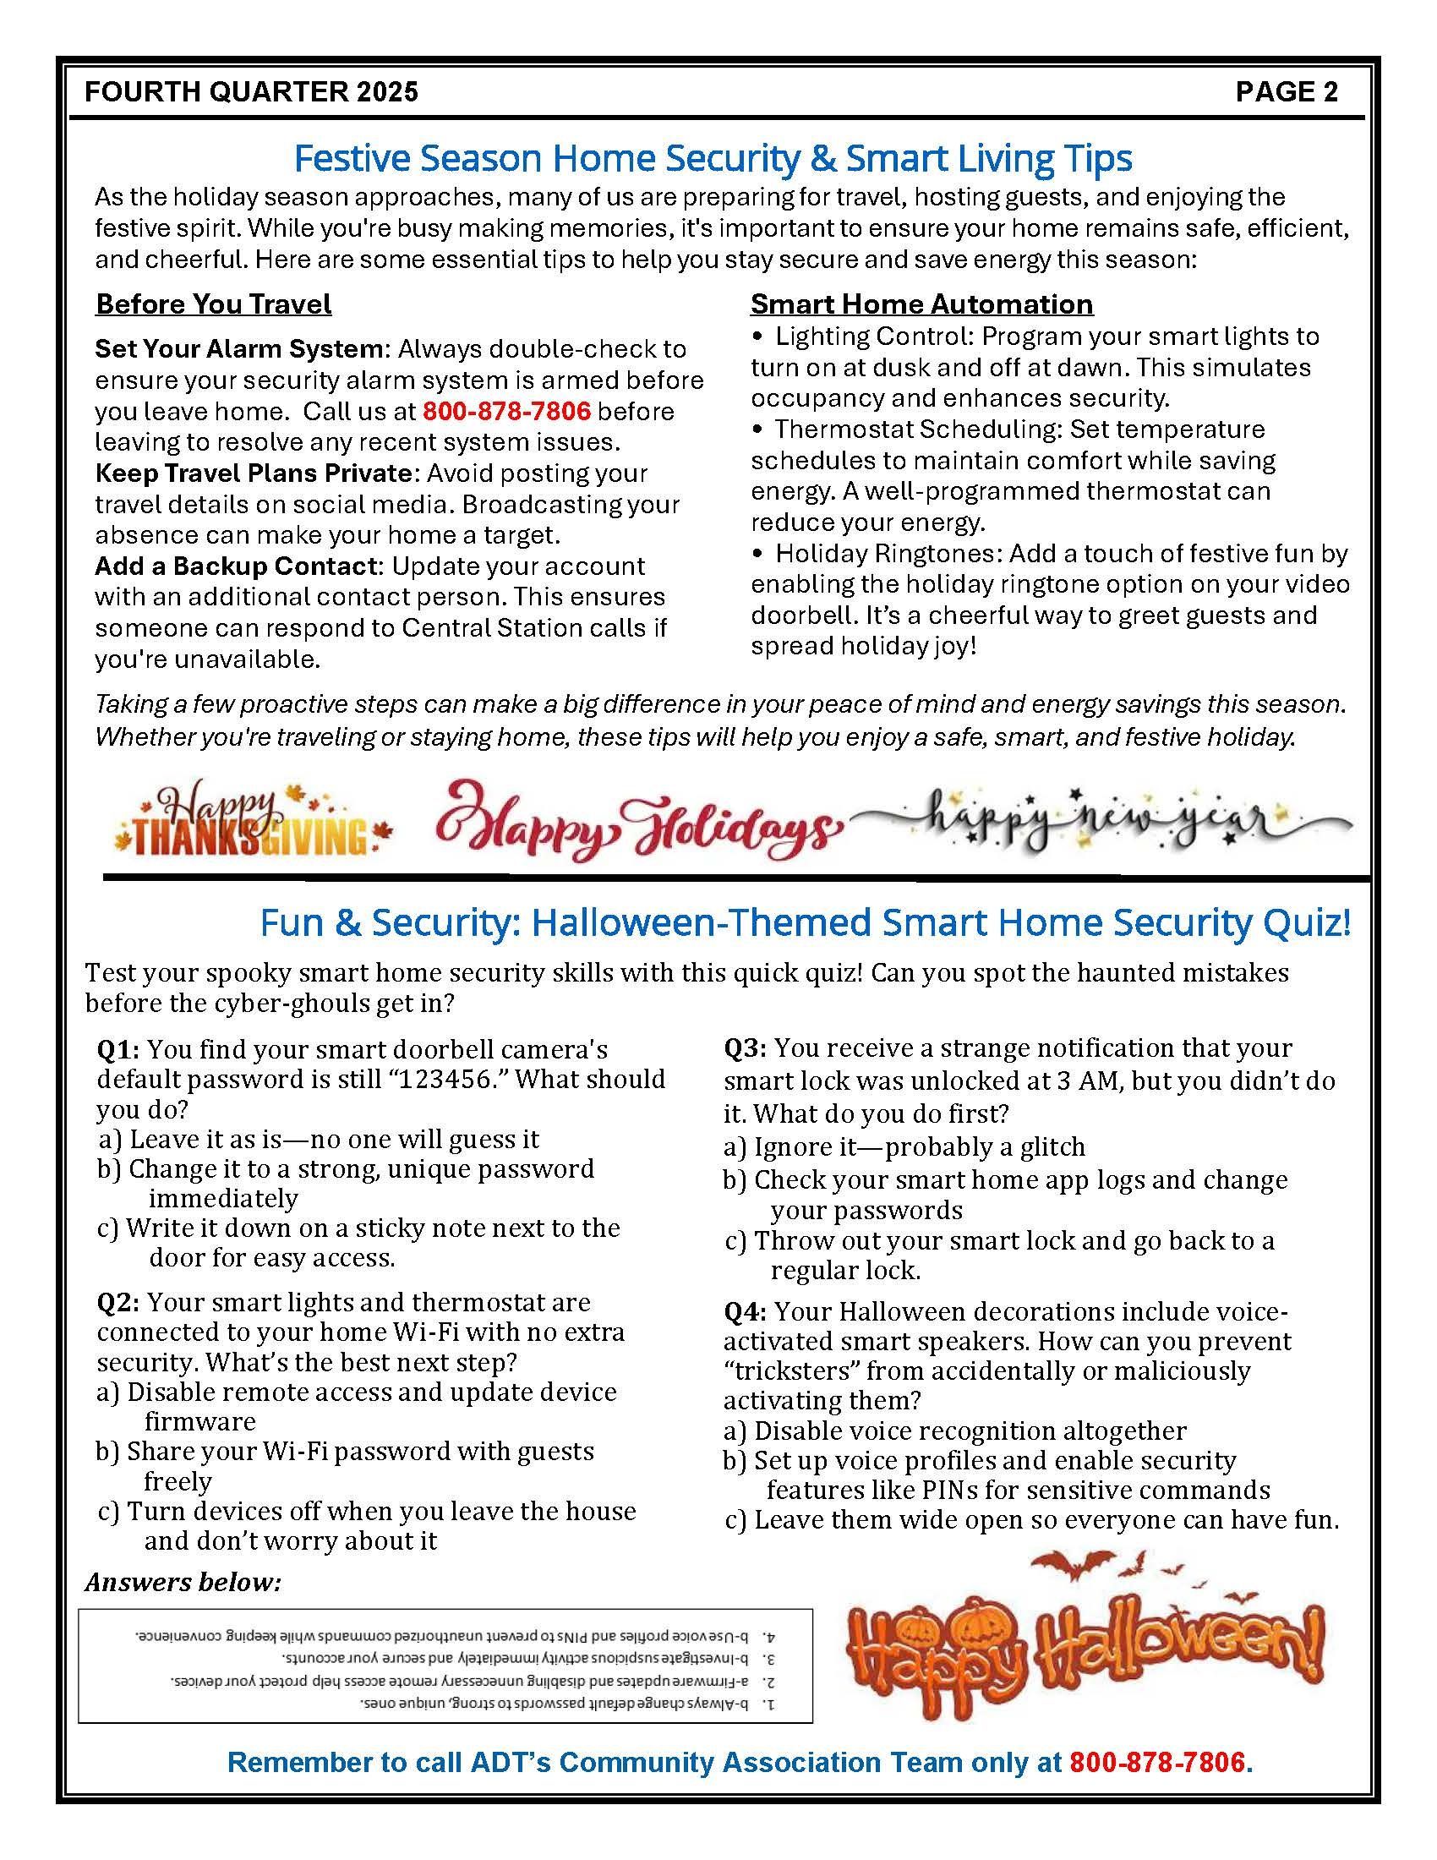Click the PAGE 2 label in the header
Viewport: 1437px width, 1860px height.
coord(1287,91)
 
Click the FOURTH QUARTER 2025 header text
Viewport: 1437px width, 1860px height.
coord(252,91)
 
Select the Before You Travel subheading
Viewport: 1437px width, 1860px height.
coord(213,304)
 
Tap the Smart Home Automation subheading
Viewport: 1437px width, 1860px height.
coord(921,304)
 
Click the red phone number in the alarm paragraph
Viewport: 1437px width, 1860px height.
coord(506,412)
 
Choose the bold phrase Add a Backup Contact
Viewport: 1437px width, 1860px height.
coord(235,566)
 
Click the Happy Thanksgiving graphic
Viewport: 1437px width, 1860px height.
coord(253,819)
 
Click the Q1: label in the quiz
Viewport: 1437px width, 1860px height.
coord(118,1050)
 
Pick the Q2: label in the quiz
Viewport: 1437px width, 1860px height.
coord(118,1302)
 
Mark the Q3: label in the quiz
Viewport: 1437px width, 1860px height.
coord(745,1048)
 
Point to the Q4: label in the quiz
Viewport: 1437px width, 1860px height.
coord(745,1311)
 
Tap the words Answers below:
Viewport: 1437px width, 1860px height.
coord(183,1583)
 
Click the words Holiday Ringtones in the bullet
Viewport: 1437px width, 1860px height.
coord(888,554)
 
